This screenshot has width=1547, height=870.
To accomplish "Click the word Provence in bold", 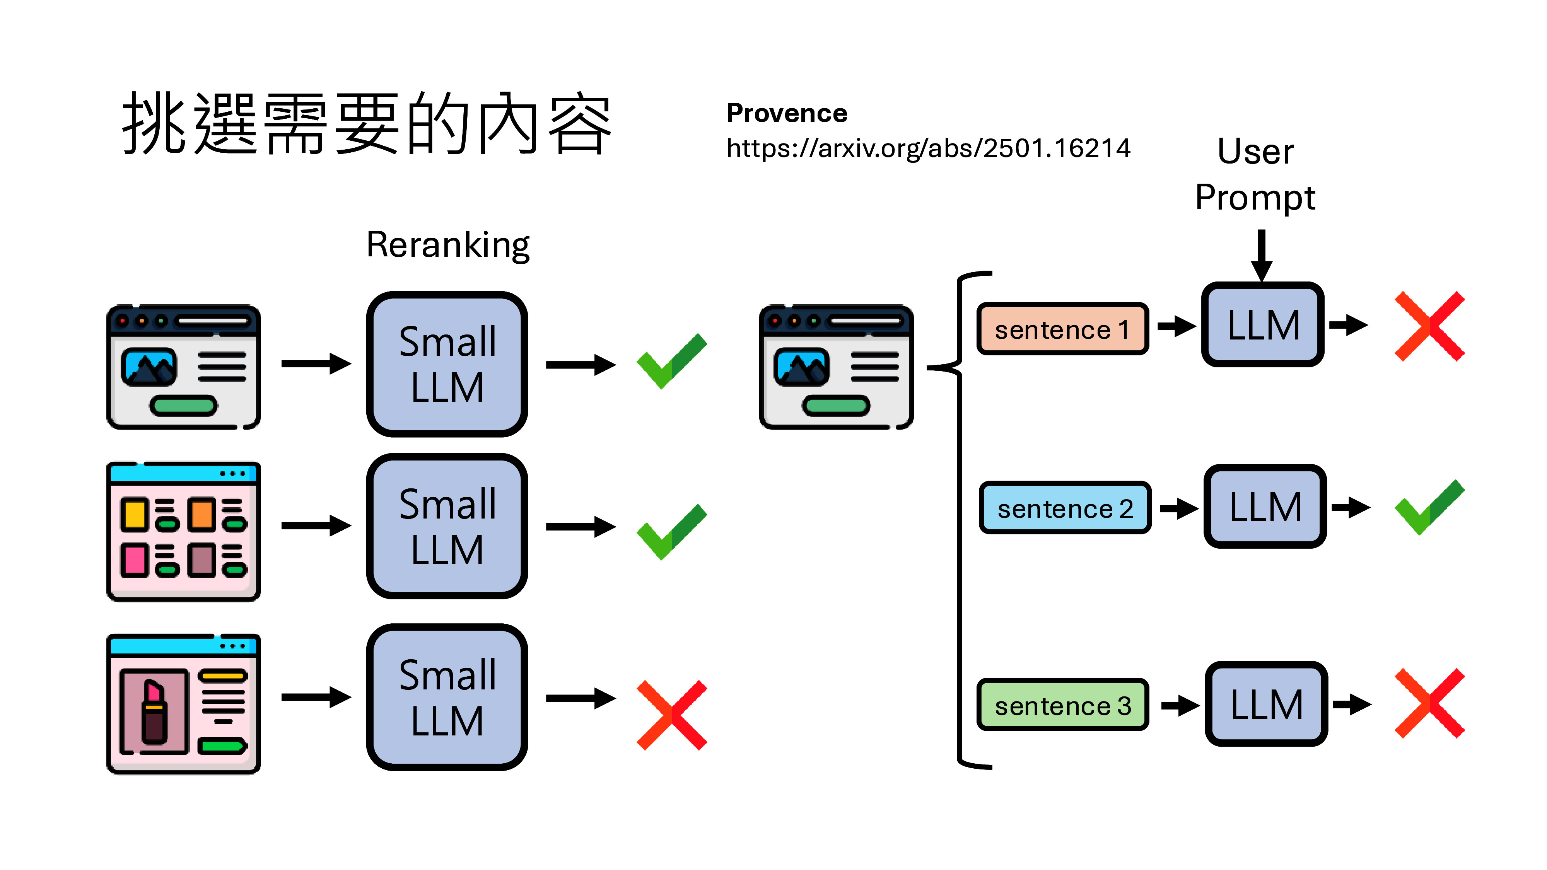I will (786, 113).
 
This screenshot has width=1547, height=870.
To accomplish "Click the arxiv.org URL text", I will (928, 148).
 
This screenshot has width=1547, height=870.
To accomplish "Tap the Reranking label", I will (447, 245).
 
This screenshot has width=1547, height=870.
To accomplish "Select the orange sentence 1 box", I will (1062, 329).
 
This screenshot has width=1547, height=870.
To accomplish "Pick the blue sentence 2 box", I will (1064, 508).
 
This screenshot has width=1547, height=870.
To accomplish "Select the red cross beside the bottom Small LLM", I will (671, 715).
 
